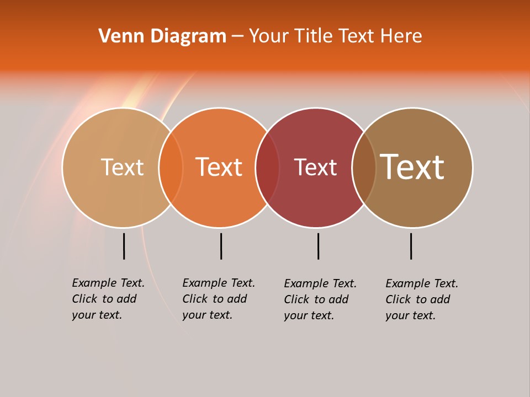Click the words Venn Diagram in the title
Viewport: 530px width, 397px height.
click(162, 36)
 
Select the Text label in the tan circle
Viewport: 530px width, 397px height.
click(122, 167)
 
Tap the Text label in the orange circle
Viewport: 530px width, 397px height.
click(219, 167)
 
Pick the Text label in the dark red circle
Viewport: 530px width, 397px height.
click(315, 167)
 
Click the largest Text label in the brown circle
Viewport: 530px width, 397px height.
click(412, 167)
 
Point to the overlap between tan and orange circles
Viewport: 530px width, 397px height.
click(171, 168)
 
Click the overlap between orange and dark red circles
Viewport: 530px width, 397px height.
click(267, 168)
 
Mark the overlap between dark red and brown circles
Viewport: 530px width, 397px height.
click(364, 168)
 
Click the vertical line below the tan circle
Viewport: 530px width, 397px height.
click(124, 246)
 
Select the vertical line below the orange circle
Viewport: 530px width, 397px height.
click(221, 246)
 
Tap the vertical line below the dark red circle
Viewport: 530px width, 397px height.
click(318, 246)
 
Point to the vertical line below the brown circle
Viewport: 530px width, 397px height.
click(411, 246)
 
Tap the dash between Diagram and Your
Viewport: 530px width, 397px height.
click(237, 36)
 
